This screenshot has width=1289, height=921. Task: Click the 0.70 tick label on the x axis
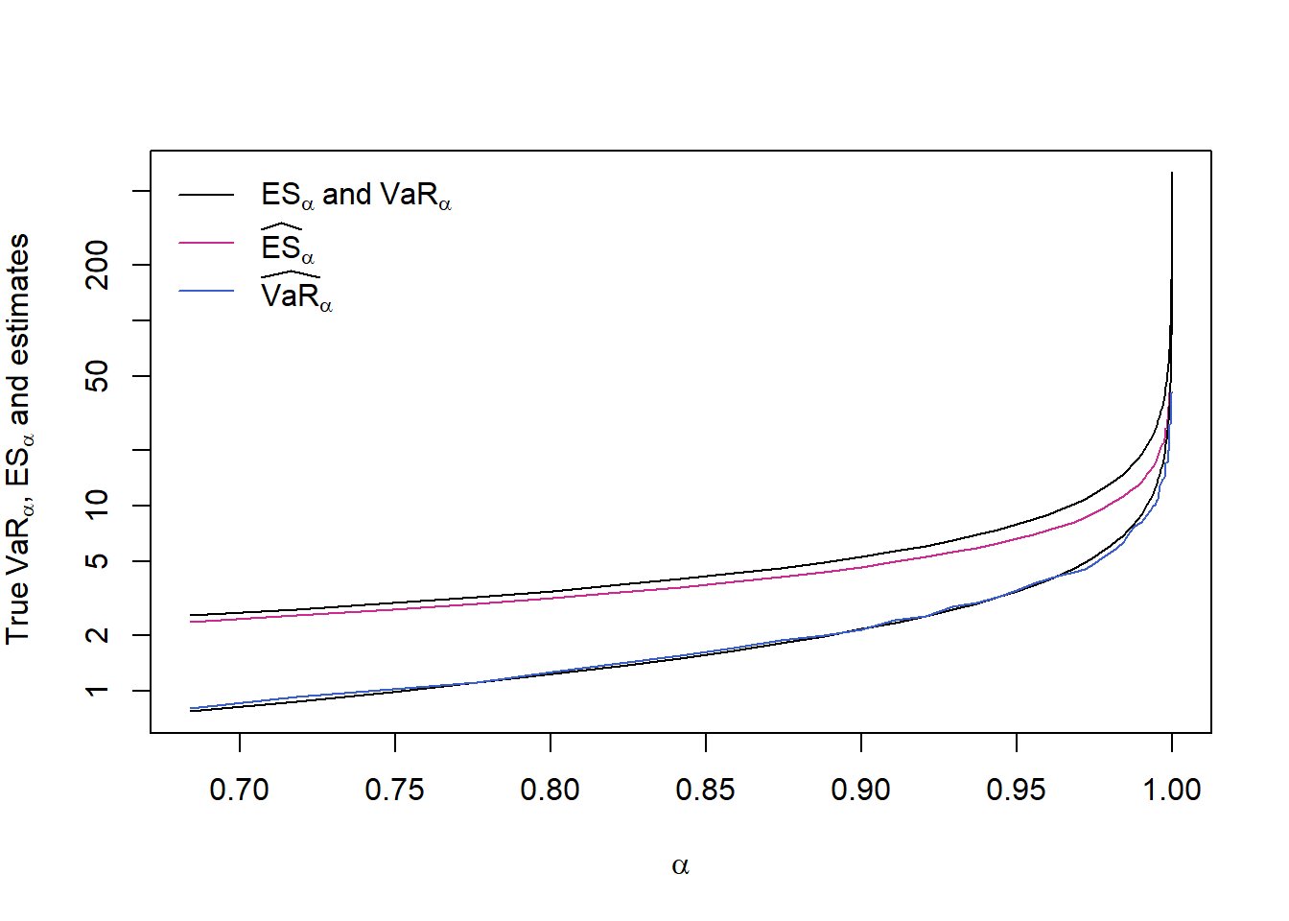click(x=239, y=790)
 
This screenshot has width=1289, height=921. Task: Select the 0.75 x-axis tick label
click(x=394, y=790)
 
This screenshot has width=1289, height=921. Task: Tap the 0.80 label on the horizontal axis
click(x=550, y=790)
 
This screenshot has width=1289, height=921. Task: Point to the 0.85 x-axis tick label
click(x=705, y=790)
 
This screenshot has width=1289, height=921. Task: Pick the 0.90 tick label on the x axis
click(x=860, y=790)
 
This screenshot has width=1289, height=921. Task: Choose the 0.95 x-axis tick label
click(x=1016, y=790)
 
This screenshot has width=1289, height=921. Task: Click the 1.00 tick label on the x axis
click(x=1171, y=790)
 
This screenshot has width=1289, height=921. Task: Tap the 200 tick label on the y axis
click(x=98, y=265)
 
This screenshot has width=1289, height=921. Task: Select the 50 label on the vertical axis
click(x=98, y=376)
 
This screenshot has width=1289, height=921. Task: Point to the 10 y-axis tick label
click(x=98, y=505)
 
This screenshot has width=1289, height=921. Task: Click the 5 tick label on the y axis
click(x=98, y=560)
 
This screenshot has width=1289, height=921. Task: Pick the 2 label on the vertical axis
click(x=98, y=635)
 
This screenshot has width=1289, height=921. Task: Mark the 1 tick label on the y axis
click(x=98, y=691)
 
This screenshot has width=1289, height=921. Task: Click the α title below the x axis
click(x=680, y=866)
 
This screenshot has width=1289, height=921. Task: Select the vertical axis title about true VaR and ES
click(x=19, y=439)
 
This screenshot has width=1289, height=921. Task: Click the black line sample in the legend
click(x=206, y=195)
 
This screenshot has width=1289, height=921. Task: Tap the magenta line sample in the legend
click(x=206, y=243)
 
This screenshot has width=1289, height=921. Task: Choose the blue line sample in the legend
click(x=206, y=291)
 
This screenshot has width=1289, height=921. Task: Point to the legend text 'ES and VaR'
click(x=356, y=196)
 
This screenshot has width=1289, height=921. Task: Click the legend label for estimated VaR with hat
click(x=295, y=293)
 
